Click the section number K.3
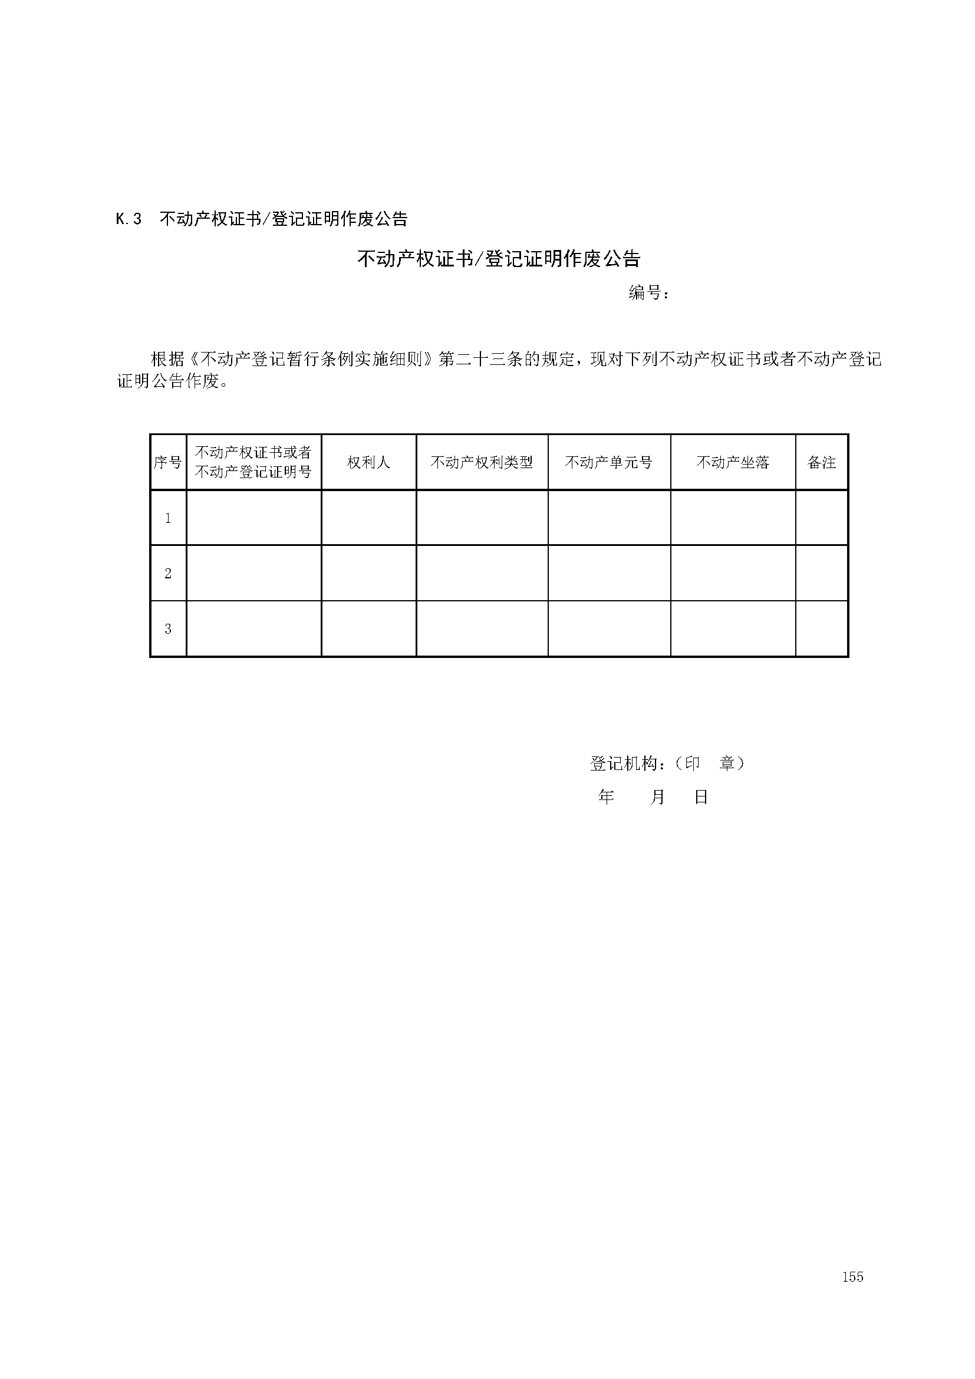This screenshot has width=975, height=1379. coord(129,219)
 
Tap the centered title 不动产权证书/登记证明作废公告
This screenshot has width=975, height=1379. coord(499,259)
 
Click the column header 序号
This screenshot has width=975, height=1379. coord(167,462)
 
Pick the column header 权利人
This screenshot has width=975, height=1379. coord(368,462)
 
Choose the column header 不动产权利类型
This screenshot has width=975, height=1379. coord(482,462)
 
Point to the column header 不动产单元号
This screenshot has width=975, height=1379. coord(609,462)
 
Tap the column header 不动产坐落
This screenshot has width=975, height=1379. coord(733,462)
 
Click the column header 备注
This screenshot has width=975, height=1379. coord(821,462)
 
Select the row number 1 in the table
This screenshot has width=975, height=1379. coord(168,518)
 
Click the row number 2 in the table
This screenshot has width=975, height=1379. coord(168,573)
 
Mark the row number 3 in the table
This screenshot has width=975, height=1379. coord(168,629)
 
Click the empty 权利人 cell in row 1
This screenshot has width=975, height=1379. coord(368,518)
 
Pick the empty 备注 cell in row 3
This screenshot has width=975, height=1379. coord(821,629)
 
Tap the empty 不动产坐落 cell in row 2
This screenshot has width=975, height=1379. coord(733,573)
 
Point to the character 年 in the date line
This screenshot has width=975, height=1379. coord(607,797)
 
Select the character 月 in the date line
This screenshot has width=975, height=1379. coord(657,797)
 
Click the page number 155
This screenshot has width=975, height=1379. coord(852,1311)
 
